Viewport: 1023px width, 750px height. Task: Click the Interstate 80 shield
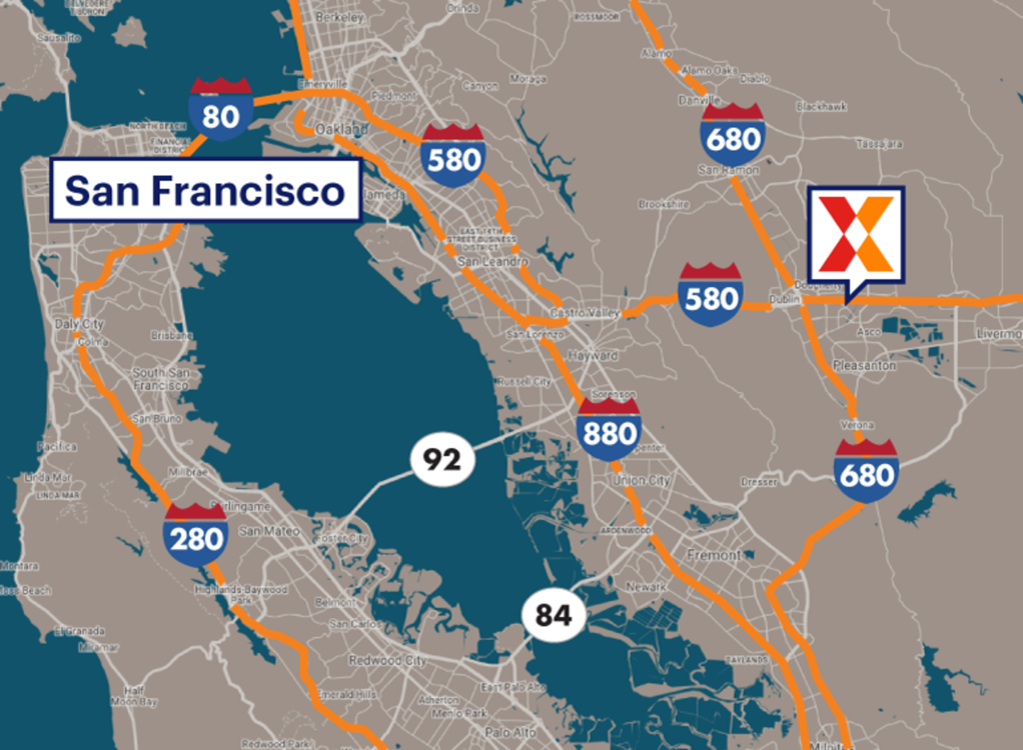(221, 110)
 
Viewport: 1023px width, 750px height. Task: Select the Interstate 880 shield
(609, 428)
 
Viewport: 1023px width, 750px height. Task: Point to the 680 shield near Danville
(733, 135)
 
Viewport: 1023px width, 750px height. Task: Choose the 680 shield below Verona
(866, 471)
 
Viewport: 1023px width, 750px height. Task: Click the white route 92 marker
(442, 459)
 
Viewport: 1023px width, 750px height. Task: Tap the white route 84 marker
(553, 615)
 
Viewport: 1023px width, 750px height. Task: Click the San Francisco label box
(205, 190)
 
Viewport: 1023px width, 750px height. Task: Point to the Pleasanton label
(864, 366)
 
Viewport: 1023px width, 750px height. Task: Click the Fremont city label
(714, 555)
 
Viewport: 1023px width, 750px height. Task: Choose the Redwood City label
(387, 660)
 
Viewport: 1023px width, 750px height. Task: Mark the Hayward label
(593, 355)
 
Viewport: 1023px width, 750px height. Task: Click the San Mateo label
(269, 531)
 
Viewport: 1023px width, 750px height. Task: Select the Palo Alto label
(510, 732)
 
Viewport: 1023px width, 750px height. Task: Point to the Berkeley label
(339, 17)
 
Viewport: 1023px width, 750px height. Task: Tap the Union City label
(641, 480)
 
